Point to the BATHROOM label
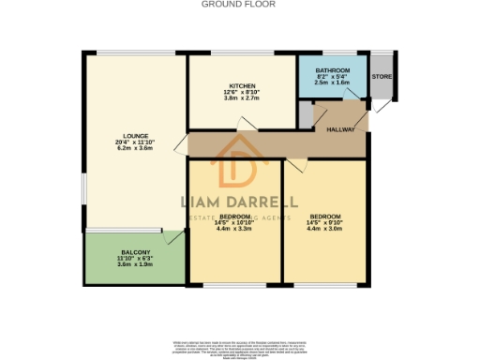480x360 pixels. (x=332, y=71)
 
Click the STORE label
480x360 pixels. (x=381, y=77)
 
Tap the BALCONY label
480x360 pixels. (x=134, y=250)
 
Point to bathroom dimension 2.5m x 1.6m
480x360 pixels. (x=332, y=82)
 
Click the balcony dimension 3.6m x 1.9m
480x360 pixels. (x=134, y=264)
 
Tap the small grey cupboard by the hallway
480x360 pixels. (x=305, y=113)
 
